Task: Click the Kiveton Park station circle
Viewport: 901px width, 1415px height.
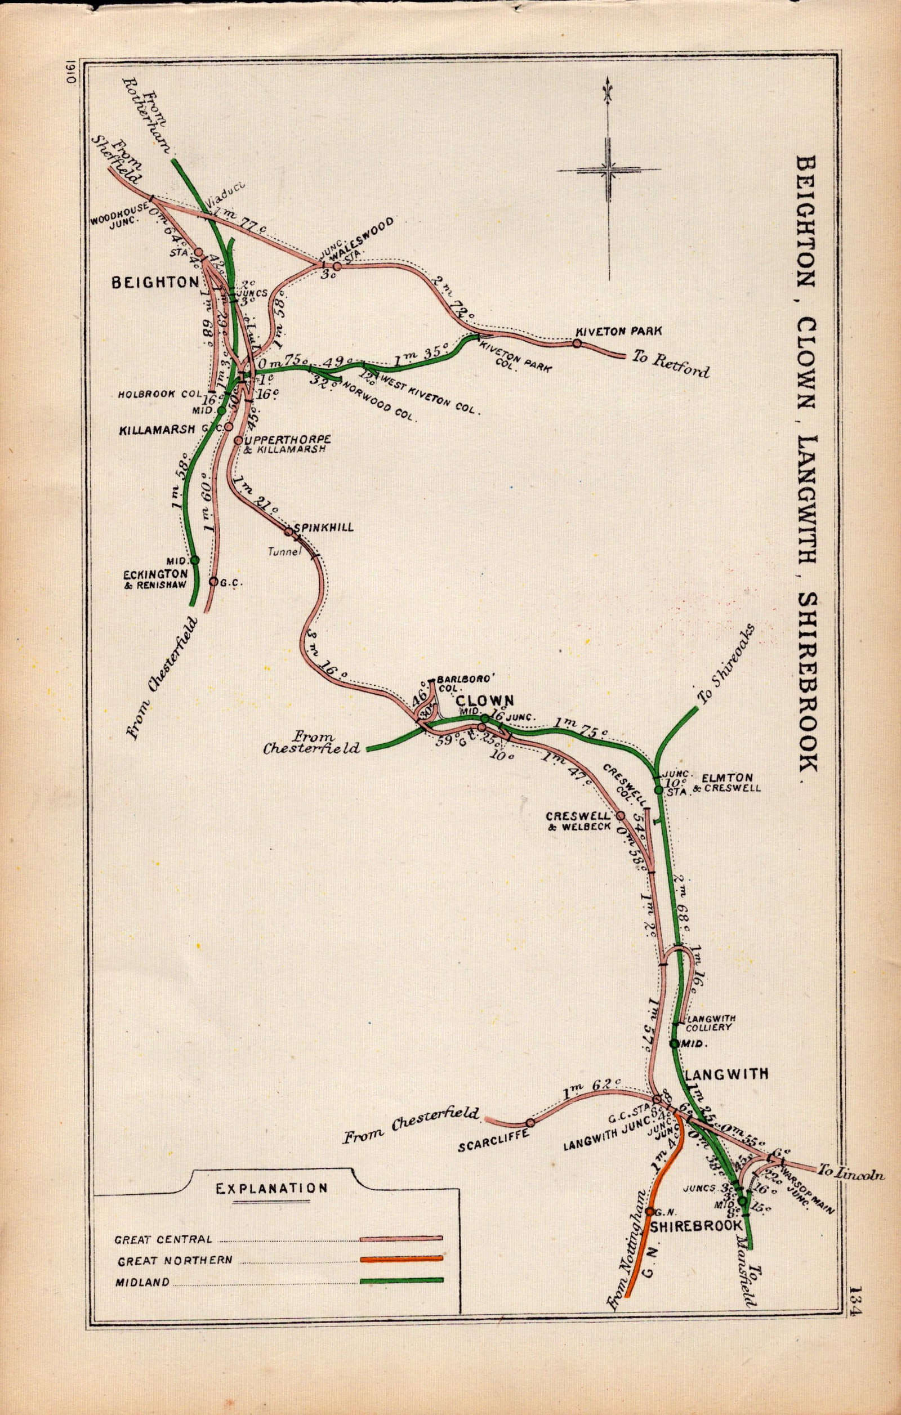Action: pos(577,343)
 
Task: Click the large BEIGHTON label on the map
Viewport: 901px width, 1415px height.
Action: pos(156,283)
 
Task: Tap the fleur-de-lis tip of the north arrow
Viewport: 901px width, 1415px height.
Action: pos(608,88)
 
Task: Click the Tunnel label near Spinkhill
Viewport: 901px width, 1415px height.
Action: pos(284,551)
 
